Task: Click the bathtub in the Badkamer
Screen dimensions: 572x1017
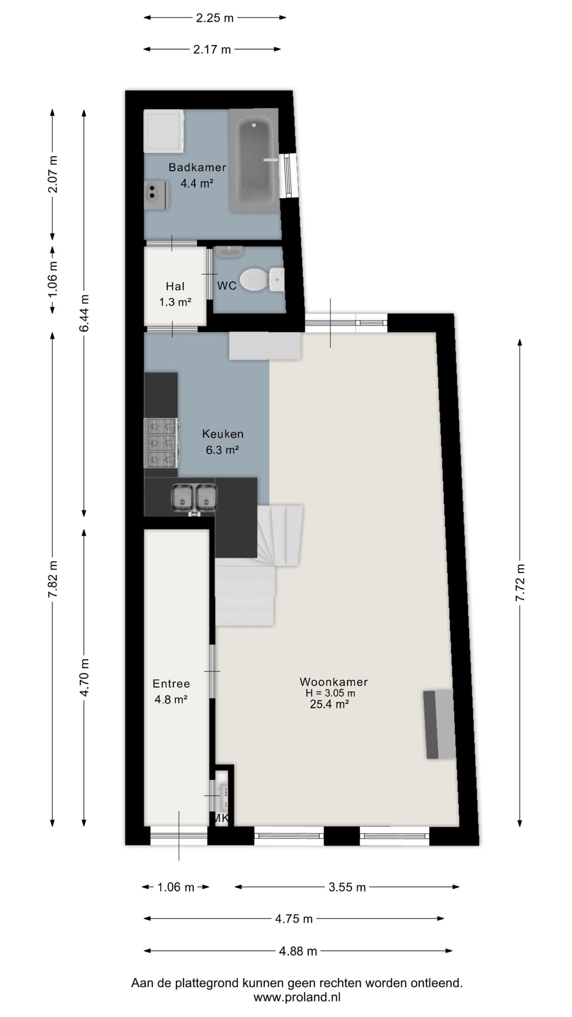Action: coord(254,160)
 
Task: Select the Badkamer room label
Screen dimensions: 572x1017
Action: coord(197,167)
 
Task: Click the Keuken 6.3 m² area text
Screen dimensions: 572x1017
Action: coord(222,450)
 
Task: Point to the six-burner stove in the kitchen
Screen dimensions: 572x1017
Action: coord(161,443)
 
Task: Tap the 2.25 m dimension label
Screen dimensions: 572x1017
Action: coord(214,18)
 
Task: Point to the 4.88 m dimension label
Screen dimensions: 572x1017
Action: coord(298,951)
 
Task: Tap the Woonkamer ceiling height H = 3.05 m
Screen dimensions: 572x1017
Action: coord(330,693)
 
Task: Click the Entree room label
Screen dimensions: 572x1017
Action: coord(171,684)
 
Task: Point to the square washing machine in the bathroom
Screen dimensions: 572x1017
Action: coord(164,131)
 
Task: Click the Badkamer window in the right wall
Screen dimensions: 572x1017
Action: coord(289,175)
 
